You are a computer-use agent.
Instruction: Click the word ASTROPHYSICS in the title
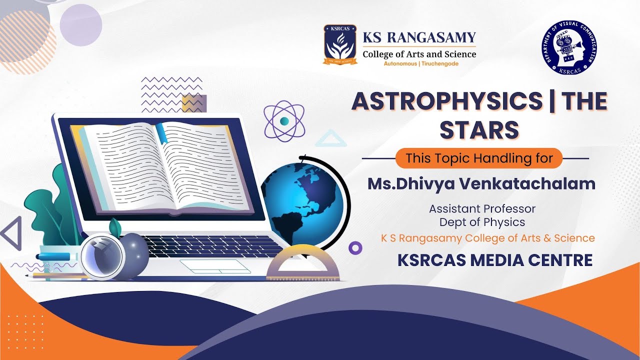point(446,101)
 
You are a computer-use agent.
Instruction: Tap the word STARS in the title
point(479,129)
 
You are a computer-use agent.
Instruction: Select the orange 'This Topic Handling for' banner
point(479,158)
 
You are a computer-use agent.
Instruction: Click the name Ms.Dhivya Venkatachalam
point(481,183)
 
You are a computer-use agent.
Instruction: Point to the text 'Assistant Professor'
point(482,208)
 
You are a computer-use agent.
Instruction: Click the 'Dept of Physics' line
point(482,222)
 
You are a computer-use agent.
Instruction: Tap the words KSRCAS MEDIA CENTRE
point(495,260)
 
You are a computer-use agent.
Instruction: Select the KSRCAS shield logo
point(339,44)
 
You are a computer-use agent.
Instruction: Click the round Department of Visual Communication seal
point(569,47)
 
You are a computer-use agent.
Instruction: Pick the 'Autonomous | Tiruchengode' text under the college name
point(420,64)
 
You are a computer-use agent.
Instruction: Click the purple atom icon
point(284,121)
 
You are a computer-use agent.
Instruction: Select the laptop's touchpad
point(215,266)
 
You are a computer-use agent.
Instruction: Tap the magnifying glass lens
point(102,256)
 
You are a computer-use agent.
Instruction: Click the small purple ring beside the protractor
point(355,247)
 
